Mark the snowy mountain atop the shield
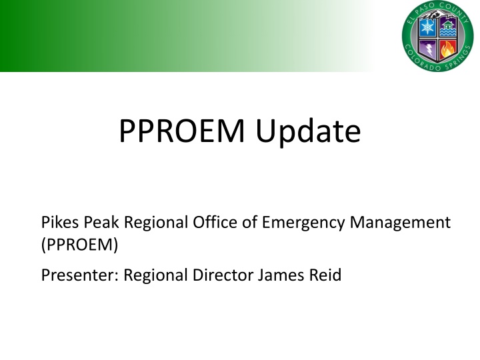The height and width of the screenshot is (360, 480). (x=437, y=18)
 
